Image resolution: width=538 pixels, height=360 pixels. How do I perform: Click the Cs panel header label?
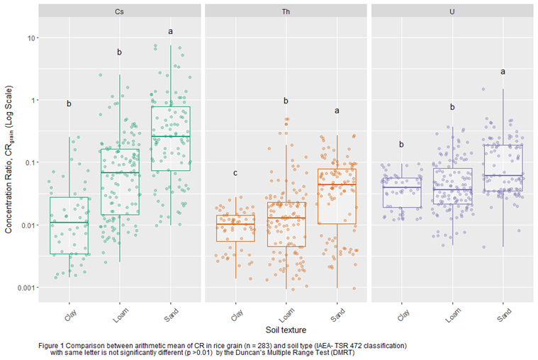point(120,12)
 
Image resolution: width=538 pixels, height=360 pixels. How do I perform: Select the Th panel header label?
point(286,12)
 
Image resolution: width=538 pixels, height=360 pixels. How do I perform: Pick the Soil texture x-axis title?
point(286,330)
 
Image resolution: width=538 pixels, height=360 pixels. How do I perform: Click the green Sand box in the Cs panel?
point(170,139)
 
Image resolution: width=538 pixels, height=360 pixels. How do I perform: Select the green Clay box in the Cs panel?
point(69,225)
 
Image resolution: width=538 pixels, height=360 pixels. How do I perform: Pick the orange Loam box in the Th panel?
point(286,224)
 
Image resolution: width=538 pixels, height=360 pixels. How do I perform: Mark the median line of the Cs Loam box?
point(120,172)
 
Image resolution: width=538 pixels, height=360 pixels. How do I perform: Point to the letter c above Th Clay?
point(235,174)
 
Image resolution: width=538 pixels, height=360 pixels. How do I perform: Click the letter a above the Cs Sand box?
point(170,31)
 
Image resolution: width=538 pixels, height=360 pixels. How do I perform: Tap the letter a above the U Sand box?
point(503,72)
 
